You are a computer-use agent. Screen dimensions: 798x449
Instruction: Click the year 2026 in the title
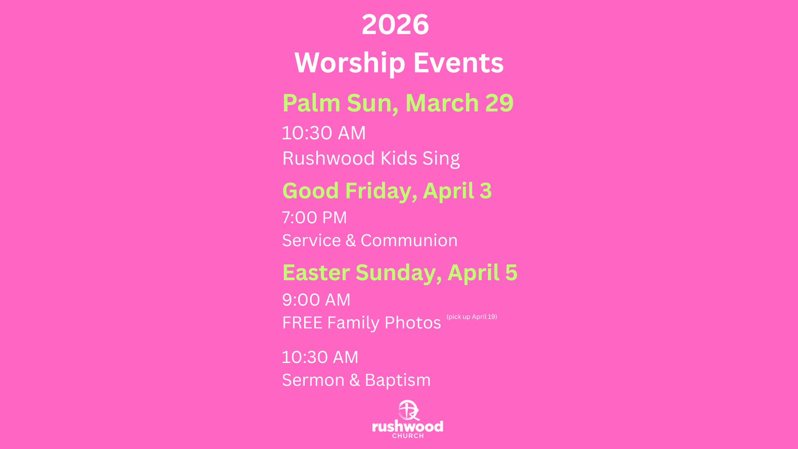tap(395, 24)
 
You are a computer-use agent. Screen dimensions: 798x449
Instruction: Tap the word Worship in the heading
tap(350, 62)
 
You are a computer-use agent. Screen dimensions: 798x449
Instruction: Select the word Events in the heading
tap(458, 62)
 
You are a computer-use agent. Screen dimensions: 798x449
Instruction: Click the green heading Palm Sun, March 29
tap(398, 103)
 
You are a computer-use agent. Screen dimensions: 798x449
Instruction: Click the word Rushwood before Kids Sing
tap(329, 158)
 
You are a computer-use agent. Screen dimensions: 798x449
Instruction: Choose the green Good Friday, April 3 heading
tap(387, 191)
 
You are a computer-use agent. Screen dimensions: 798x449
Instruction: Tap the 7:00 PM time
tap(314, 217)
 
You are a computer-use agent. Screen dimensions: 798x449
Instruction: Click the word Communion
tap(409, 240)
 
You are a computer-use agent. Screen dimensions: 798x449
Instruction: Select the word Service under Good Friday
tap(312, 240)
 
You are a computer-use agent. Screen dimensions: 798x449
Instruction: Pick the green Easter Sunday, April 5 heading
tap(400, 273)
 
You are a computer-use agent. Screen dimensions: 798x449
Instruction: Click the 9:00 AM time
tap(316, 300)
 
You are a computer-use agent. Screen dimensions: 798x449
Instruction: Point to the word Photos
tap(413, 323)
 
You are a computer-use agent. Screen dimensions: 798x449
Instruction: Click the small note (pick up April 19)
tap(472, 317)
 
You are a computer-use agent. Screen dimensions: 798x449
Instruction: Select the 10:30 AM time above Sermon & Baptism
tap(320, 357)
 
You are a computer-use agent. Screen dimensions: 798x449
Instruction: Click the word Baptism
tap(398, 380)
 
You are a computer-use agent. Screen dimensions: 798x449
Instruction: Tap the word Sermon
tap(313, 380)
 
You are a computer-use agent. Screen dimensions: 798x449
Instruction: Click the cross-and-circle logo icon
tap(408, 410)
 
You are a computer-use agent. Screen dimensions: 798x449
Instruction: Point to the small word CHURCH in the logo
tap(408, 436)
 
